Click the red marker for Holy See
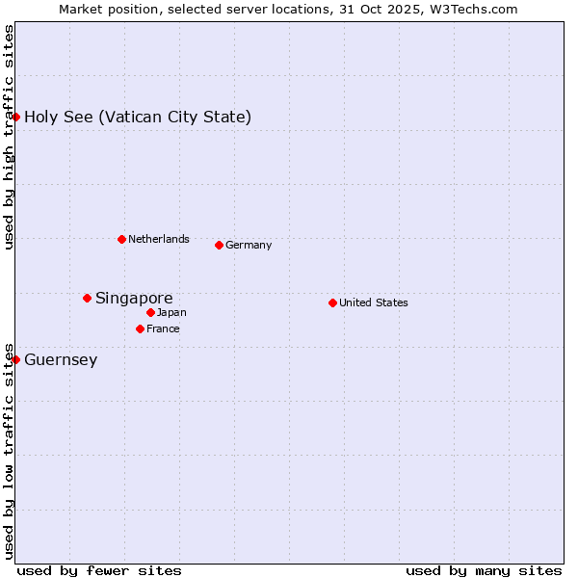(x=15, y=117)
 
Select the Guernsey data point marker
(x=15, y=359)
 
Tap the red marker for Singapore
(x=87, y=298)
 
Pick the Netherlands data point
(x=121, y=239)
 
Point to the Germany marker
(x=219, y=245)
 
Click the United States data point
(x=332, y=302)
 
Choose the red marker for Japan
(x=150, y=312)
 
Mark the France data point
(x=140, y=328)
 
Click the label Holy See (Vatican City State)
(x=138, y=118)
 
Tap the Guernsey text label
(x=61, y=360)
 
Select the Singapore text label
(x=134, y=299)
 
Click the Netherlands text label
(x=159, y=239)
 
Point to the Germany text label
(x=249, y=245)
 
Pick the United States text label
(x=374, y=302)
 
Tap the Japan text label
(x=171, y=312)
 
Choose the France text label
(x=163, y=328)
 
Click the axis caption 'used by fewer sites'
(x=99, y=570)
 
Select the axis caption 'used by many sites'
(x=484, y=570)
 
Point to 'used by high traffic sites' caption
(x=9, y=137)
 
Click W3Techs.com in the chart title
(x=475, y=9)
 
